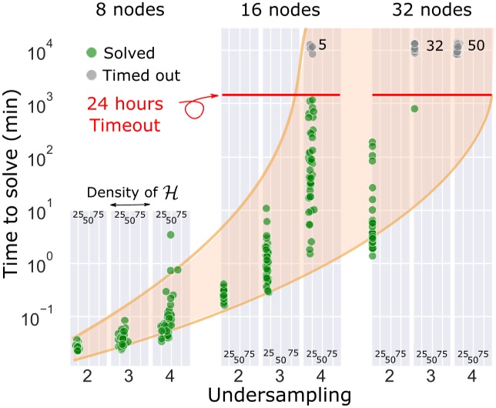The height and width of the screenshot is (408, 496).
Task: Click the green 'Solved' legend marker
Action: click(91, 53)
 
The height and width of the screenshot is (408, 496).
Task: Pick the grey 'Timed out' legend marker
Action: click(91, 75)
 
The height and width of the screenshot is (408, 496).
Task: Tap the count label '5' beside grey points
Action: click(323, 46)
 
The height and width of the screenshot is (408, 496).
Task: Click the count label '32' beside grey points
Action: click(434, 46)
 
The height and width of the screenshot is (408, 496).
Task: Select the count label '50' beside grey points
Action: click(476, 46)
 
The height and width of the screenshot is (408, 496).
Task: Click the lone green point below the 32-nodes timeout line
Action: click(414, 109)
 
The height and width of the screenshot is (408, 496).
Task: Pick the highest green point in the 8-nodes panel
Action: click(170, 235)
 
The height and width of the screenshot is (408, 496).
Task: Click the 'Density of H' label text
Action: click(127, 192)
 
